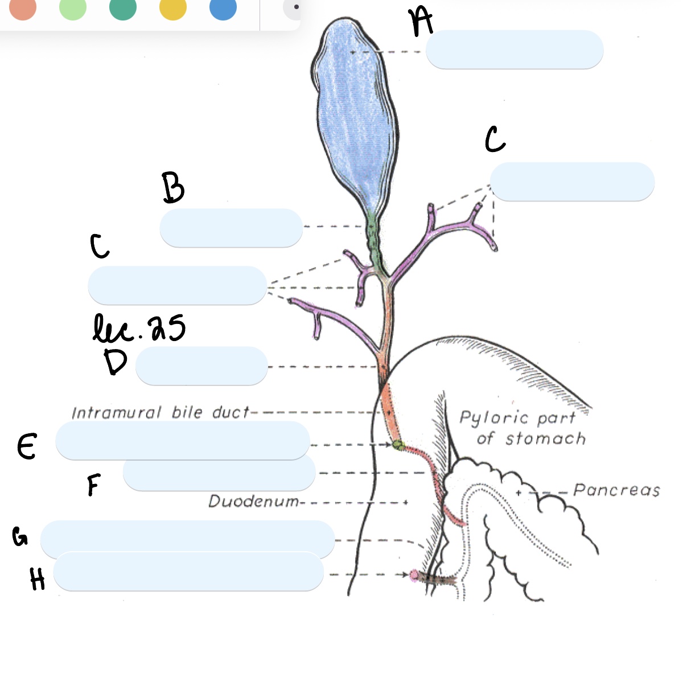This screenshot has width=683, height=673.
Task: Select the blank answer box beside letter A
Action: click(x=514, y=50)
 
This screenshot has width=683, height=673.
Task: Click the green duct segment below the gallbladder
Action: click(x=373, y=239)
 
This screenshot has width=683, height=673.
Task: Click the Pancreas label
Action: click(x=616, y=490)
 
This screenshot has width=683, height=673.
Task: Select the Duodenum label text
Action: click(x=254, y=502)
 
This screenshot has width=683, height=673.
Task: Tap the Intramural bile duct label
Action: click(x=161, y=412)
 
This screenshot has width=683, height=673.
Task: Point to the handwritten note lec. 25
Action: click(x=139, y=329)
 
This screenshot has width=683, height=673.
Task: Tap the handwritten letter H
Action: click(x=38, y=580)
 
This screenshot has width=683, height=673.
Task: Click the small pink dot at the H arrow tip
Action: click(x=414, y=575)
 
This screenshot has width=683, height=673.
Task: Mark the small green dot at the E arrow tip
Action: click(x=398, y=445)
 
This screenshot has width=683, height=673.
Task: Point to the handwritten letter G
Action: click(x=20, y=536)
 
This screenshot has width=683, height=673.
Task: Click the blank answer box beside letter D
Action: click(x=201, y=366)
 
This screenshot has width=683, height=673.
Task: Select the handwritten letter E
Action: click(x=27, y=446)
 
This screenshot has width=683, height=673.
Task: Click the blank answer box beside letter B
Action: click(x=231, y=228)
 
